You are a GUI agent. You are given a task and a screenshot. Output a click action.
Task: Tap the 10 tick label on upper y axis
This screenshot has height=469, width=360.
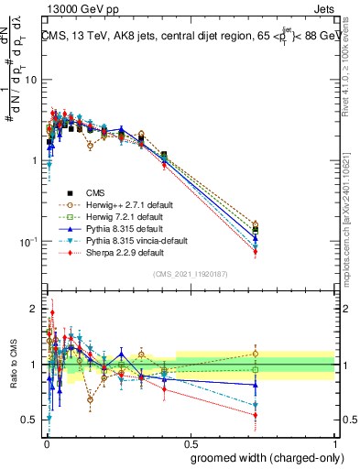29,80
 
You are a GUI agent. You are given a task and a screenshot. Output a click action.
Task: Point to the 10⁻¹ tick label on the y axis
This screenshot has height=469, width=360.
27,242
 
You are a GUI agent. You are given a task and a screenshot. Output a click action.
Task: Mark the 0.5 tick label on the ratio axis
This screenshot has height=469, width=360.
29,420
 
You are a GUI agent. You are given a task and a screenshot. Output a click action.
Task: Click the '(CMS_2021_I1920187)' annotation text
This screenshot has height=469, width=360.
190,274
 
